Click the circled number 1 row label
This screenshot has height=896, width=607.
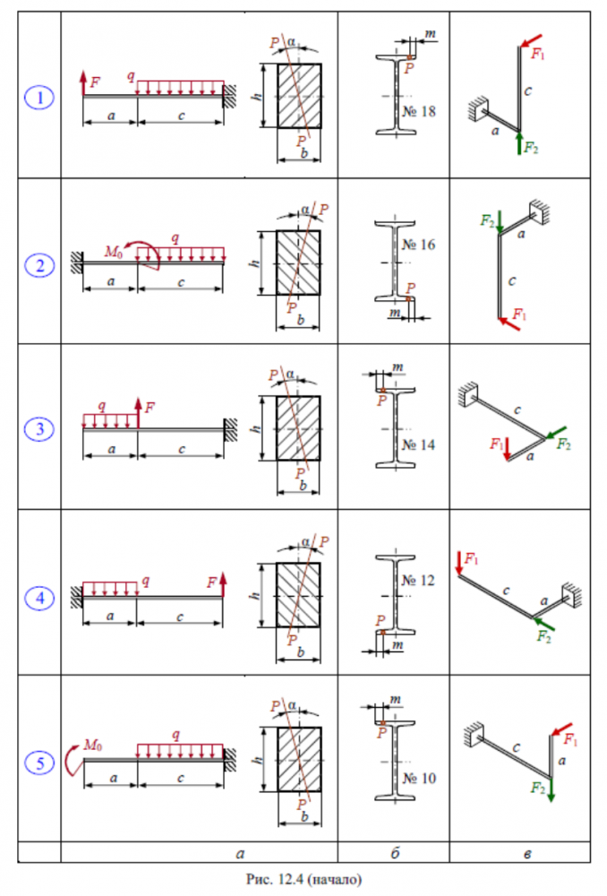tap(39, 98)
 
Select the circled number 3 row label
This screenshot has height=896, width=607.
tap(39, 428)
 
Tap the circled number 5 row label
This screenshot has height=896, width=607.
tap(39, 762)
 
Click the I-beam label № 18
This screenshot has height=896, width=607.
tap(419, 111)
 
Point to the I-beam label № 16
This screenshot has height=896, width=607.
tap(419, 245)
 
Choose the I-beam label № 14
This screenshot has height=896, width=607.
tap(419, 444)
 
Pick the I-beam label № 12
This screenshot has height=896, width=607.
tap(419, 581)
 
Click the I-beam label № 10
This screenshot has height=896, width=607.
tap(420, 779)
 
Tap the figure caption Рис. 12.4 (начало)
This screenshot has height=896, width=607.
tap(303, 879)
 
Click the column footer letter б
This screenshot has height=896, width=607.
tap(395, 853)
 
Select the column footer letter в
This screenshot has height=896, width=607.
tap(527, 854)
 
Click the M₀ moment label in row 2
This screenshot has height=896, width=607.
tap(113, 252)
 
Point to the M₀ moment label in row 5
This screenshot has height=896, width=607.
tap(92, 745)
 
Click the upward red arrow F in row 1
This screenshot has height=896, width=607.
tap(83, 83)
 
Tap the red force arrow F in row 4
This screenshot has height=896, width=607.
tap(223, 584)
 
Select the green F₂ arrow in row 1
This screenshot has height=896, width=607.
tap(519, 143)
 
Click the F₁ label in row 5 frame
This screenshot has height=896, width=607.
tap(570, 739)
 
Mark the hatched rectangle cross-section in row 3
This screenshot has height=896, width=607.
tap(298, 428)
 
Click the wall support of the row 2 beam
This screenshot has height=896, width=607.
tap(76, 263)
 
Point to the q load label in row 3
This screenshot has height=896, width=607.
tap(102, 405)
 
